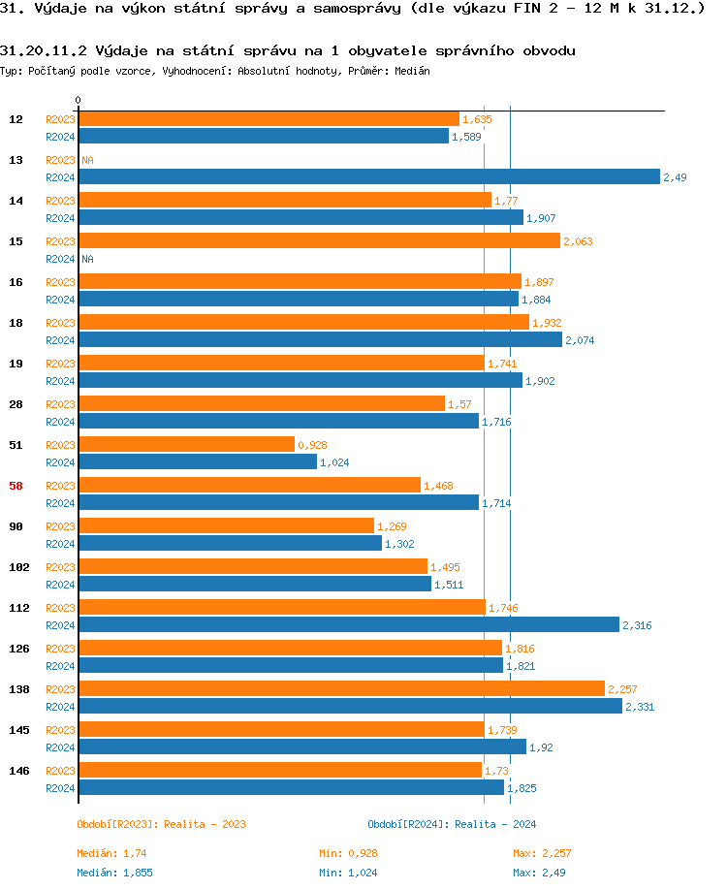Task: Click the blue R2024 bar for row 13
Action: point(368,176)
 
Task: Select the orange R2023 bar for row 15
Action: point(319,240)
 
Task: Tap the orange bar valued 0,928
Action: point(186,444)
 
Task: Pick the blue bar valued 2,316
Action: point(348,624)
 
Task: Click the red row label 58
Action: point(16,486)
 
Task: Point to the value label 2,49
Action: point(675,177)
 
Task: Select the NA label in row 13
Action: point(87,160)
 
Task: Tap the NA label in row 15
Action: point(87,259)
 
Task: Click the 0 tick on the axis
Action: point(78,101)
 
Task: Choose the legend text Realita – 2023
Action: point(205,824)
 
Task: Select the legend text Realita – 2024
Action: point(495,824)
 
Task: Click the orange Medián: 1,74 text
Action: point(111,853)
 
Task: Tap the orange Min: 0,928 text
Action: point(349,853)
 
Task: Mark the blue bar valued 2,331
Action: point(350,706)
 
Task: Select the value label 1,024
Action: point(334,462)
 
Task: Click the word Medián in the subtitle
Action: point(412,71)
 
